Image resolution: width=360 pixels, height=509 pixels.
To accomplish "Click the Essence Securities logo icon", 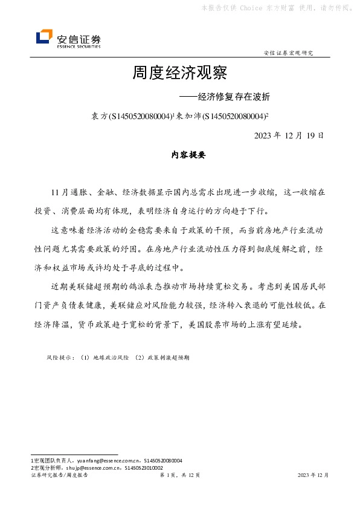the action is point(43,37).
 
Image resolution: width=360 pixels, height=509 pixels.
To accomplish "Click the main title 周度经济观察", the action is point(179,74).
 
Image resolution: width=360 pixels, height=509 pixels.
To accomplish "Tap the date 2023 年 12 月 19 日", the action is point(289,135).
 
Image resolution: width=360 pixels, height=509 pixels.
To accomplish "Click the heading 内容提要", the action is point(180,155).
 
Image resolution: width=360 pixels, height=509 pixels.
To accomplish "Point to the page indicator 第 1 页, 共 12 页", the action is point(179,476).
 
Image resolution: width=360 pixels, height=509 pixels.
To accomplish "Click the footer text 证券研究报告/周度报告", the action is point(59,476).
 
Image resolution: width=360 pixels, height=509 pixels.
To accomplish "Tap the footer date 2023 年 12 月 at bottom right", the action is point(313,476).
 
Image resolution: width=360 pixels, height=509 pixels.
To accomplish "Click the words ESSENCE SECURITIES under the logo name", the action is point(79,46).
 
